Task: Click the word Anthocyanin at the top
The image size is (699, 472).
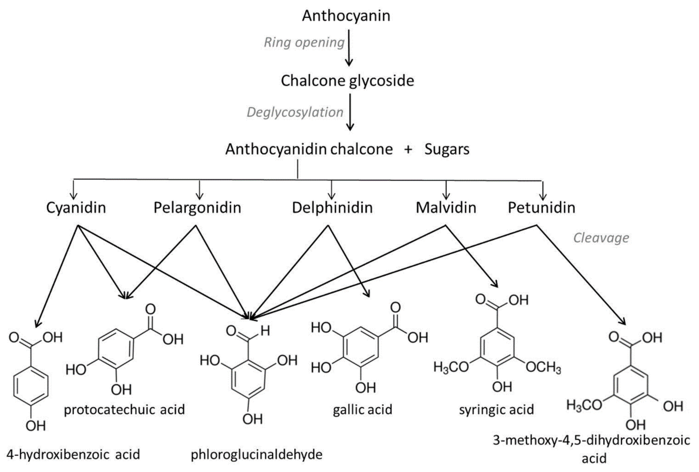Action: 346,16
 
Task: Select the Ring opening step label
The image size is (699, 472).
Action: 304,42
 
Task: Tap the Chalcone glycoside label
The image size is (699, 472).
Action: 347,81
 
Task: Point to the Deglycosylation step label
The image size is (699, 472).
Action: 295,112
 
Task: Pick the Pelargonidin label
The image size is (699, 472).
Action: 197,208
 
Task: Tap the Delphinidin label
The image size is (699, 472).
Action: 332,208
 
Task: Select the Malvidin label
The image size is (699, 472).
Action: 446,208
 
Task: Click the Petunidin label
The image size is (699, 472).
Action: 541,208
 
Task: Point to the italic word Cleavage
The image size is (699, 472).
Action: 601,238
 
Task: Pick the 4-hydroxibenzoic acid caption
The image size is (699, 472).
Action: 73,455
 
